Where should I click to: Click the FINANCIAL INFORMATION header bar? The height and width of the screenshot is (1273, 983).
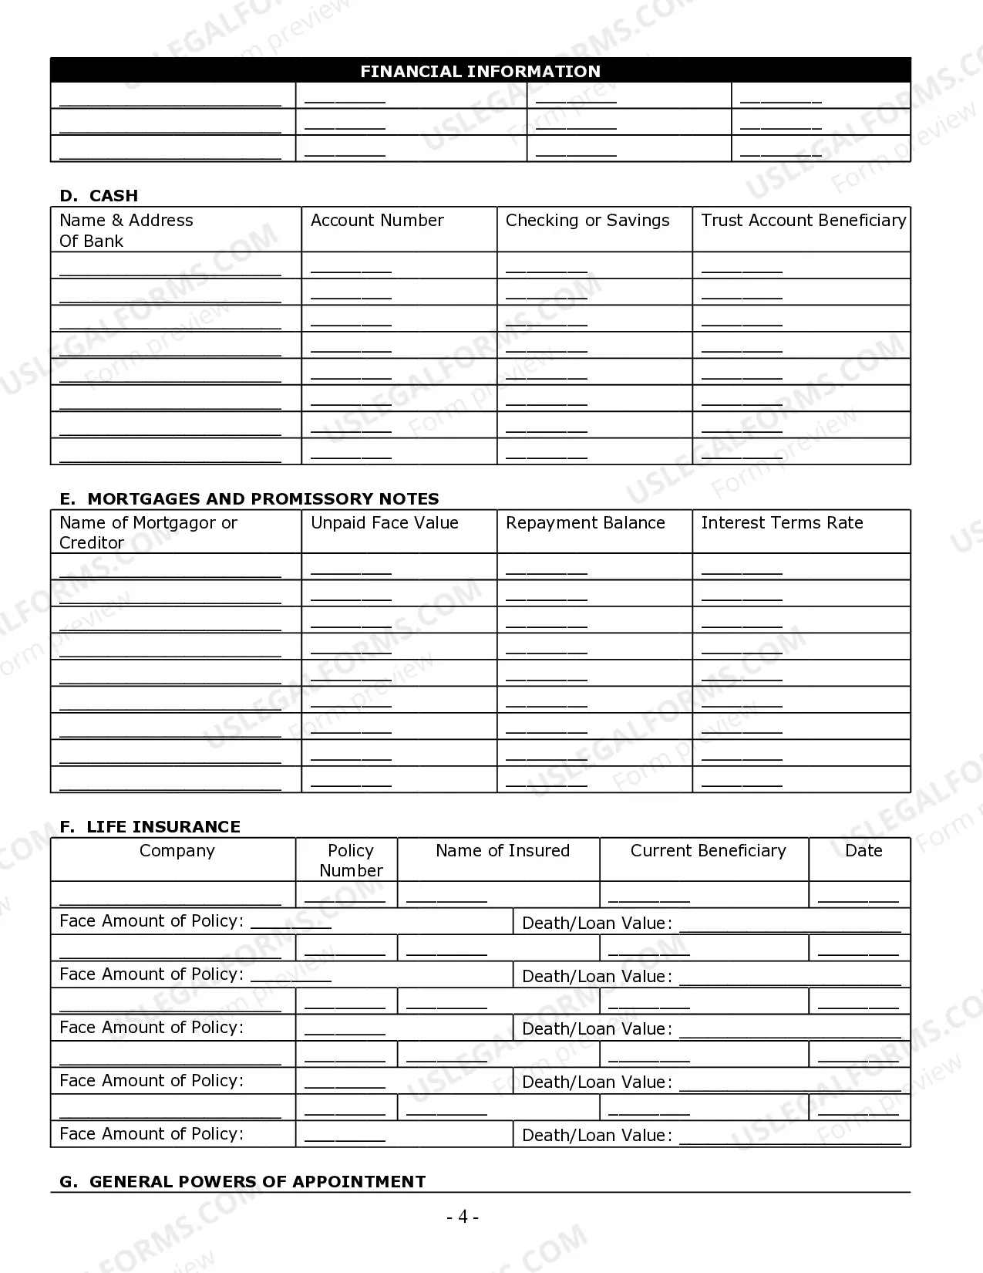[x=480, y=71]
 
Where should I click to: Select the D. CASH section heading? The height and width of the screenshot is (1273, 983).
[x=99, y=195]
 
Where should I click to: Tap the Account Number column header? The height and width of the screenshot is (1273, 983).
[x=377, y=221]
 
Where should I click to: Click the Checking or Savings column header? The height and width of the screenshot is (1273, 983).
[x=587, y=221]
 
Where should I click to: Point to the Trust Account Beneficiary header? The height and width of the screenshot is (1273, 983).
[x=803, y=221]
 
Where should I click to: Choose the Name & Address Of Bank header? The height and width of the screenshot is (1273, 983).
[x=126, y=231]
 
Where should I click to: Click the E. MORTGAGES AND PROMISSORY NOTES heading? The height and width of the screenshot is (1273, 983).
[x=249, y=498]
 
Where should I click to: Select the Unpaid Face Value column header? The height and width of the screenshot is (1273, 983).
[x=384, y=523]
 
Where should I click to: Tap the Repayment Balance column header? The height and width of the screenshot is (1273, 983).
[x=585, y=523]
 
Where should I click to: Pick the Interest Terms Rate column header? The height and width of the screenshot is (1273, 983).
[x=782, y=523]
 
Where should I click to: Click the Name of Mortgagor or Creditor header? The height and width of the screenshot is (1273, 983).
[x=148, y=532]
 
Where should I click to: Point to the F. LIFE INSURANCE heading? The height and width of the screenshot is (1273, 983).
[x=150, y=826]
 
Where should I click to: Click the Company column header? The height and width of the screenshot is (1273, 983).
[x=177, y=851]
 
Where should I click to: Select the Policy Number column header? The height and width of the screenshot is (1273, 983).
[x=351, y=860]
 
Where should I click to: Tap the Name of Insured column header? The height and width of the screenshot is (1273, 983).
[x=502, y=851]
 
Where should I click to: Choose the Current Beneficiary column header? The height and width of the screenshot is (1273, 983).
[x=708, y=851]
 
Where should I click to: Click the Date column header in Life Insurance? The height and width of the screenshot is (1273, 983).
[x=863, y=851]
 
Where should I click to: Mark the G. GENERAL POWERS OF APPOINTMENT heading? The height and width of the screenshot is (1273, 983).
[x=242, y=1181]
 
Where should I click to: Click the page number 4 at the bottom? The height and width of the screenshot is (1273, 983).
[x=463, y=1217]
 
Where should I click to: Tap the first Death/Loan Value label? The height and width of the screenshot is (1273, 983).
[x=597, y=924]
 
